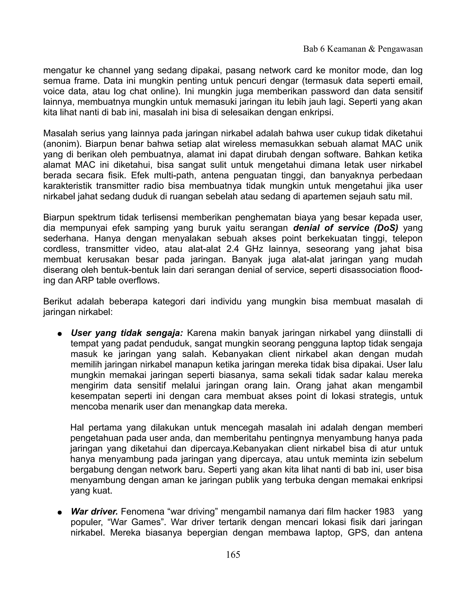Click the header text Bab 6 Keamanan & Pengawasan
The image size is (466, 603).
363,49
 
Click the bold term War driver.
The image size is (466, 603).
94,512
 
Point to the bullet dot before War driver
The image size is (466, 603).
59,512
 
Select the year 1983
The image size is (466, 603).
385,512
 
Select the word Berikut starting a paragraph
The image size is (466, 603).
57,301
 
